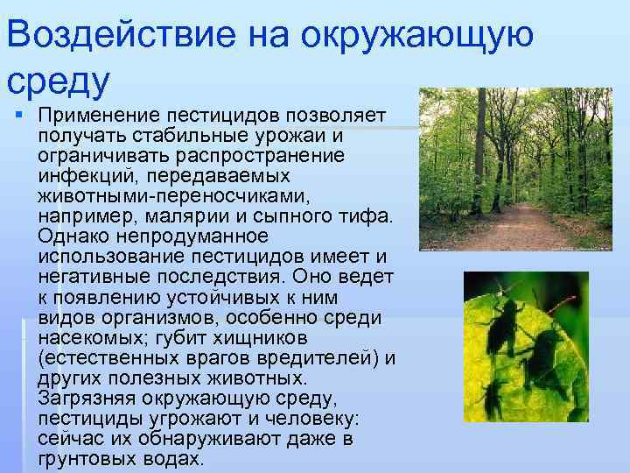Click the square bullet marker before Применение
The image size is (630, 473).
18,116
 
